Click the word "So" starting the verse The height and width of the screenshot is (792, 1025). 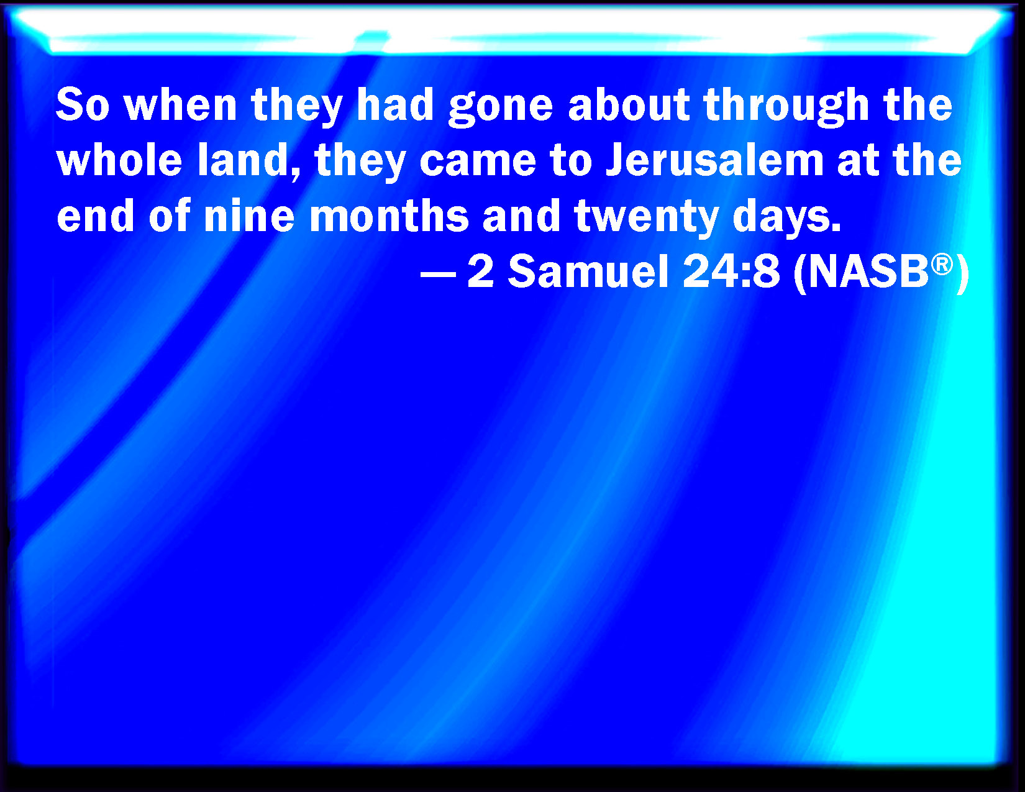pos(83,105)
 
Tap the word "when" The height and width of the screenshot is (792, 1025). pos(180,105)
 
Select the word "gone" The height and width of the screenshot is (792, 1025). pos(501,109)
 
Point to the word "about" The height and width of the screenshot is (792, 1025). pos(629,105)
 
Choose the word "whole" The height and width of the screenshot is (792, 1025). pos(119,160)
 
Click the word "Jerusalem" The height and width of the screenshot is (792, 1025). pos(714,160)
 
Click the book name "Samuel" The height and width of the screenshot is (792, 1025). pos(588,271)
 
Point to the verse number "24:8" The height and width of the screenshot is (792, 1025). pos(731,271)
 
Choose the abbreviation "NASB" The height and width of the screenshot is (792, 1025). pos(868,271)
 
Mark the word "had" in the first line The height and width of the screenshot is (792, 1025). pos(395,105)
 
